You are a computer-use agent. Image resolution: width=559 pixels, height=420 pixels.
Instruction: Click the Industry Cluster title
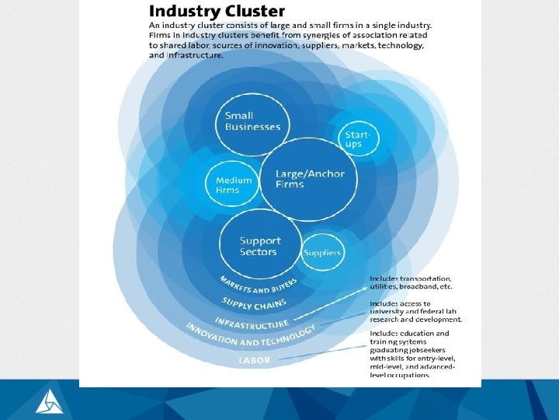pos(217,12)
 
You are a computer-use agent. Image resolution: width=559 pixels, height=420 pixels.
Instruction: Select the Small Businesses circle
pos(252,121)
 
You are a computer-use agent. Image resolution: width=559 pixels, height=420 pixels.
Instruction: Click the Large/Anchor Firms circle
pos(310,179)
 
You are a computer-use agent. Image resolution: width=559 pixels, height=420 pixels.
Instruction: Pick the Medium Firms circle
pos(234,185)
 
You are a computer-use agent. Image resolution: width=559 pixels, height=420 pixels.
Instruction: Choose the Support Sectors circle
pos(260,246)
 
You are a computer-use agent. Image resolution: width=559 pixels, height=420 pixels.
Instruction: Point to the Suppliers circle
pos(321,253)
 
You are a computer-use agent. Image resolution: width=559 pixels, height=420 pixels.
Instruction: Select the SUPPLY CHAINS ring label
pos(255,304)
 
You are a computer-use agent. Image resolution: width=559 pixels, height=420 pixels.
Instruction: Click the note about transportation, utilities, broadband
pos(411,282)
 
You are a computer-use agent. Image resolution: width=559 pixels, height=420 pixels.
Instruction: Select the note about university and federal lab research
pos(415,311)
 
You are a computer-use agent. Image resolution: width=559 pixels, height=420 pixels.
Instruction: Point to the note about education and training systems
pos(411,354)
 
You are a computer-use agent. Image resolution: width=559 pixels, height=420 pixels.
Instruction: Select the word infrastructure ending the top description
pos(196,55)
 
